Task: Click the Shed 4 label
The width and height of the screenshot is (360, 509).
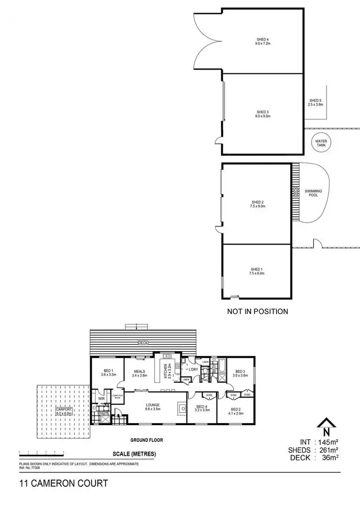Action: click(x=263, y=39)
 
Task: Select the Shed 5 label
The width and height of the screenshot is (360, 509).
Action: click(x=315, y=100)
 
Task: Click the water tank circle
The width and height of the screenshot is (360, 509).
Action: click(x=320, y=142)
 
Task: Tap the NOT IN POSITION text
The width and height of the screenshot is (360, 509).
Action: click(x=257, y=311)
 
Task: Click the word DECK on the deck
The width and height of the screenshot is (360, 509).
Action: click(x=144, y=343)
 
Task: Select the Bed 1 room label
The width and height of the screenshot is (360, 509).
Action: click(x=108, y=370)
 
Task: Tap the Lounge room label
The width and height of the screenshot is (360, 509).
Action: click(x=153, y=405)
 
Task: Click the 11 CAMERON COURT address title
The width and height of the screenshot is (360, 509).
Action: click(x=63, y=483)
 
